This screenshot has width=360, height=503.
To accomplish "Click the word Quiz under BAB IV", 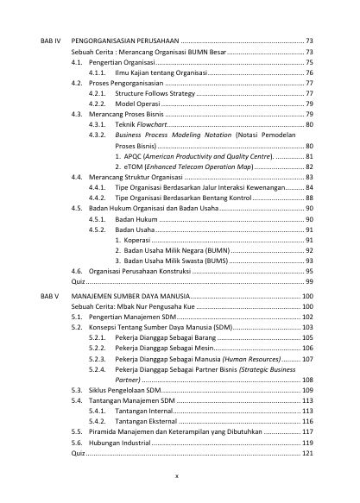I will (78, 281).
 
